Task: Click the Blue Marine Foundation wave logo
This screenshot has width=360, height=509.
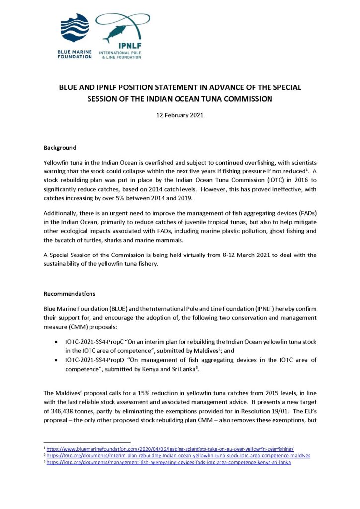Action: point(74,27)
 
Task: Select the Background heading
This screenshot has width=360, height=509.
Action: point(60,148)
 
